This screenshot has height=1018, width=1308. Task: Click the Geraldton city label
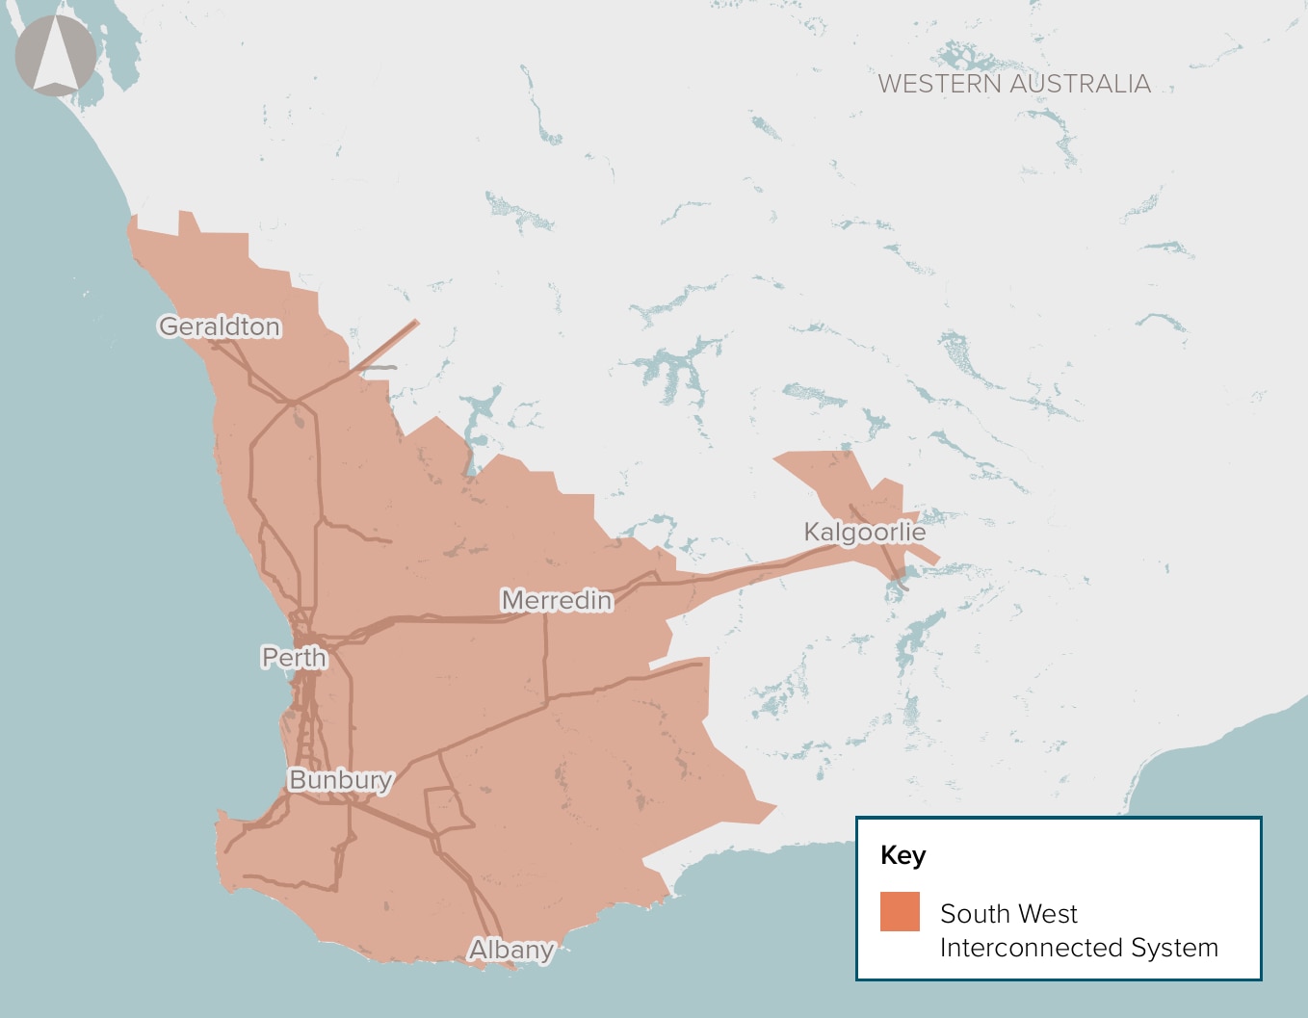click(x=220, y=327)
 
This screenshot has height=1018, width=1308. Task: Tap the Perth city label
click(x=294, y=658)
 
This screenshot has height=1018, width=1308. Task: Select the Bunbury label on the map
click(x=340, y=780)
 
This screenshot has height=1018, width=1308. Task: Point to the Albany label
click(x=511, y=950)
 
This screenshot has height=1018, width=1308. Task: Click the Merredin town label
click(x=557, y=601)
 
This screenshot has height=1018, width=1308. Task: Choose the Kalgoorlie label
click(x=864, y=532)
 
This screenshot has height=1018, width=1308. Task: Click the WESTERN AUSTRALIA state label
click(x=1014, y=85)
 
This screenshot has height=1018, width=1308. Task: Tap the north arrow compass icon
click(x=56, y=56)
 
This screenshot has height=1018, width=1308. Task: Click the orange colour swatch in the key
click(x=900, y=911)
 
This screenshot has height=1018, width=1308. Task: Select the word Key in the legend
click(x=903, y=855)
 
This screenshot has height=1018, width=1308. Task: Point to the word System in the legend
click(x=1175, y=948)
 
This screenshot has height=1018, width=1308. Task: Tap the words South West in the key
click(x=1008, y=913)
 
